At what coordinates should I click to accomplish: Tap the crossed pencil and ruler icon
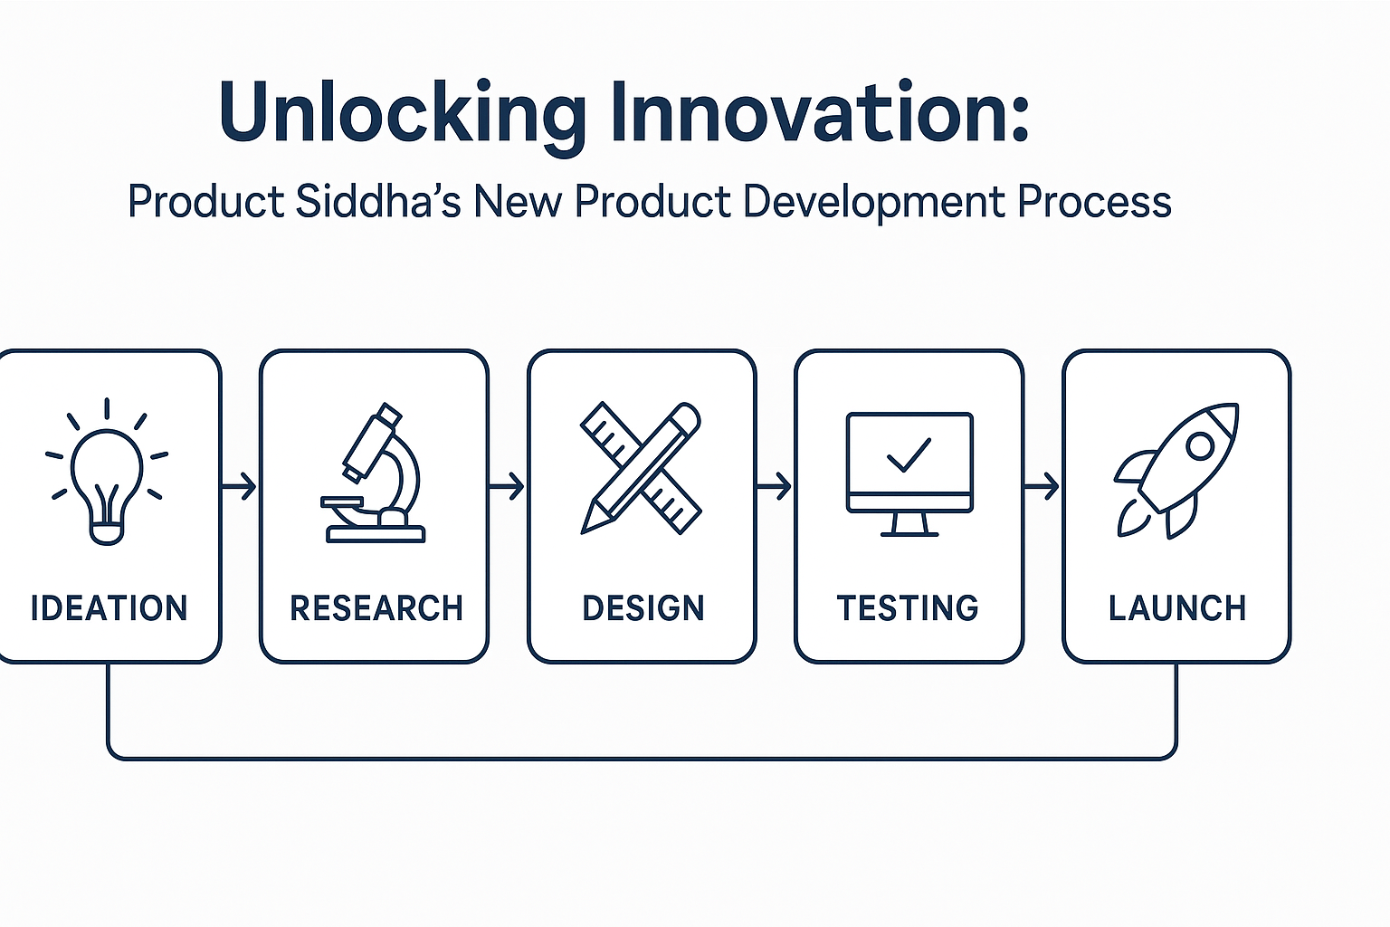point(641,468)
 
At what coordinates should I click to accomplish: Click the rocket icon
point(1176,470)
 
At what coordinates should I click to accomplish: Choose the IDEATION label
point(109,608)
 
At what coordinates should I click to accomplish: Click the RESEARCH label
point(376,608)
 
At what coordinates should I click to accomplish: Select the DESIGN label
point(643,608)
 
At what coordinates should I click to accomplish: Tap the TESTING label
point(908,608)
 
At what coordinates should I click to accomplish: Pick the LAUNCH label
point(1176,608)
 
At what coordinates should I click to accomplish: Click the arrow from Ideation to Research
point(240,487)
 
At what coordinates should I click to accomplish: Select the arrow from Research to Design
point(508,487)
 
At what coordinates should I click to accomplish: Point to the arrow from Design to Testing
point(775,487)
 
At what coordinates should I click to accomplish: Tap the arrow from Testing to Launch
point(1042,487)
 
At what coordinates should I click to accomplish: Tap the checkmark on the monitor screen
point(909,454)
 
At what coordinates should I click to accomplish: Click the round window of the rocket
point(1200,445)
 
